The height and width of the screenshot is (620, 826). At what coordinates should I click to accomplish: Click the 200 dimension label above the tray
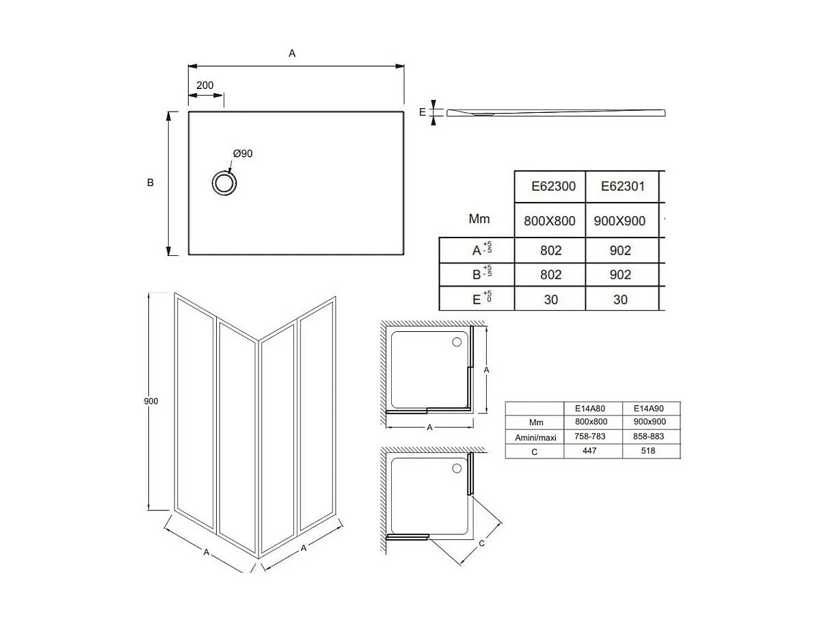204,86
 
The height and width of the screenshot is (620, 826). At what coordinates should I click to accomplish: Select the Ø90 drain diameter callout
242,153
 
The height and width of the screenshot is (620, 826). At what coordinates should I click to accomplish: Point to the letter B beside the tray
150,183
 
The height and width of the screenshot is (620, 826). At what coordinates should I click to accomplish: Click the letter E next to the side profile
423,112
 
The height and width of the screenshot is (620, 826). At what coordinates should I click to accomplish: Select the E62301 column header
622,186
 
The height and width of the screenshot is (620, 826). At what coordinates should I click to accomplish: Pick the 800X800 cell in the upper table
550,221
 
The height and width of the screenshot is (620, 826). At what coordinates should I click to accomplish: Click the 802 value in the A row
550,250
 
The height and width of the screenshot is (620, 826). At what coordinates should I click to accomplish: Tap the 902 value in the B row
620,274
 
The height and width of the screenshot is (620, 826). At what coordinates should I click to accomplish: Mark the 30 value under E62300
550,299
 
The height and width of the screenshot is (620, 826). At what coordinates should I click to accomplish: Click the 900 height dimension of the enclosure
151,401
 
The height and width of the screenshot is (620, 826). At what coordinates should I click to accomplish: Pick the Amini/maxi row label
535,437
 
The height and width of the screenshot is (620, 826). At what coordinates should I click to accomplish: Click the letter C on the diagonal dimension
481,544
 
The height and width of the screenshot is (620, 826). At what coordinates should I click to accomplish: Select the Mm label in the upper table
479,220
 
